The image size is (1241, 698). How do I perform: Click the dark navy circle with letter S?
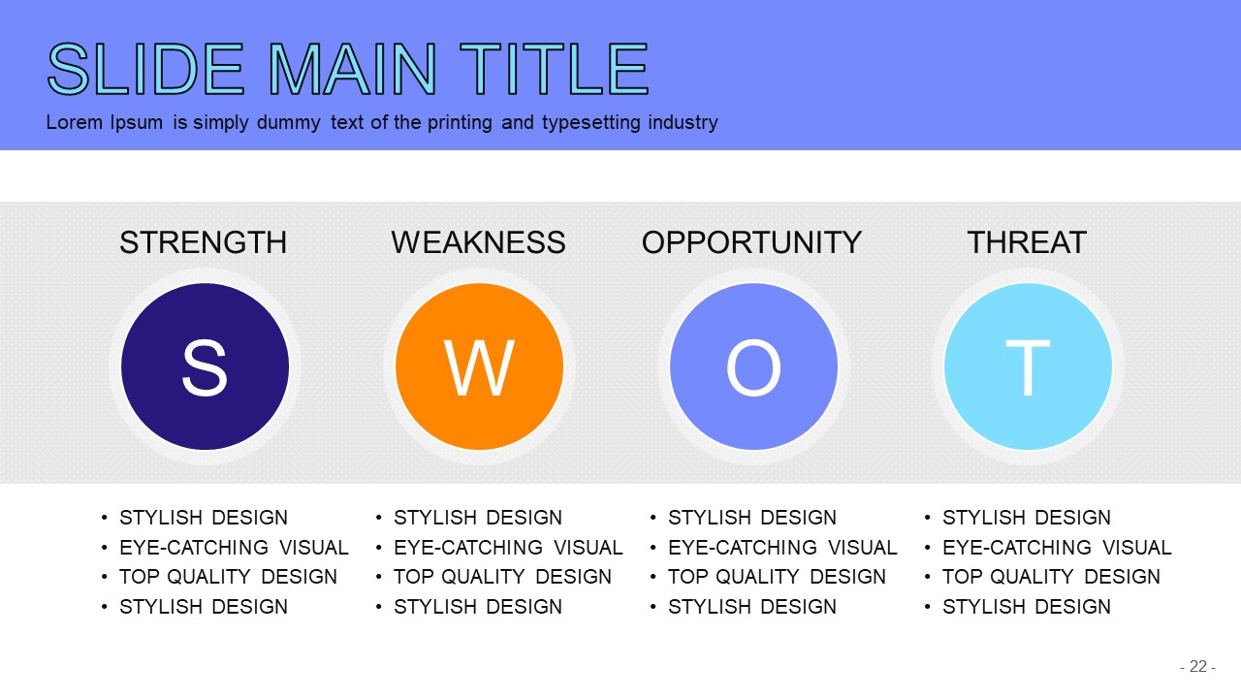point(205,366)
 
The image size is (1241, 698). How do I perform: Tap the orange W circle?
point(479,366)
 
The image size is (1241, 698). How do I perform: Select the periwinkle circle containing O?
point(753,366)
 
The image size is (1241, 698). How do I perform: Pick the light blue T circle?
point(1028,366)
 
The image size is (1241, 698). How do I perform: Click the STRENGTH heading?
point(204,242)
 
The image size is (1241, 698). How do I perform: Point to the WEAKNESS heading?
point(479,242)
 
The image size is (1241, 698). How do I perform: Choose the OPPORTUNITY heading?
point(751,242)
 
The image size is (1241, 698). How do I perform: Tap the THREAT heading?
point(1027,242)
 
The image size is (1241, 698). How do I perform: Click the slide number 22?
point(1198,666)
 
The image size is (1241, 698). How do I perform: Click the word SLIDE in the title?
point(145,70)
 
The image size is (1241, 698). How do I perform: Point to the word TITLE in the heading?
point(554,70)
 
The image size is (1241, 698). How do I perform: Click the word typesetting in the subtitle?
point(590,122)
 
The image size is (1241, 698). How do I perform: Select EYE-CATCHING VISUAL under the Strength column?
point(234,548)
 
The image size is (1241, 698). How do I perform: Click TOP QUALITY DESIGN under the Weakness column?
point(502,577)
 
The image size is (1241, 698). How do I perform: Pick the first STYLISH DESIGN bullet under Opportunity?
point(752,518)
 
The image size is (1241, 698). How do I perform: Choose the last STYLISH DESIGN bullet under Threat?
point(1027,607)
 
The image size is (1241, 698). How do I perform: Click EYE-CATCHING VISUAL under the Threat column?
point(1057,548)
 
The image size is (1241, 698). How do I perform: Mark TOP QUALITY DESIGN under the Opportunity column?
point(777,577)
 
